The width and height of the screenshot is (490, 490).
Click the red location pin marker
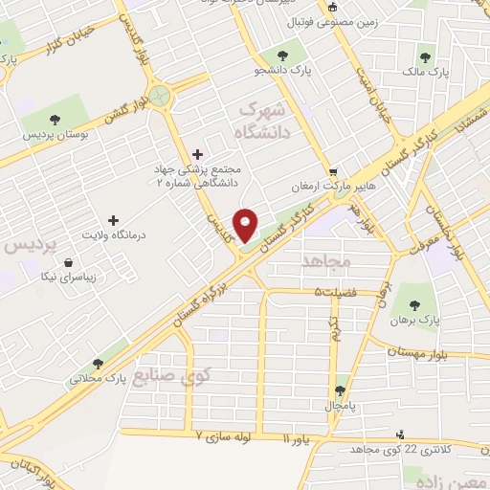246,224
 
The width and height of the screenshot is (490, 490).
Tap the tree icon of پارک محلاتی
98,363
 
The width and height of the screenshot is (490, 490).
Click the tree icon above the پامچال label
342,390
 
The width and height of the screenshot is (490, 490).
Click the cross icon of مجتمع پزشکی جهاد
198,153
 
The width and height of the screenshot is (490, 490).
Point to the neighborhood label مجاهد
328,259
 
